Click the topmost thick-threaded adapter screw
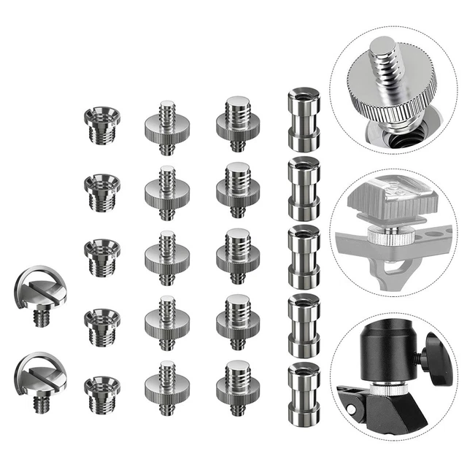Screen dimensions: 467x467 237,123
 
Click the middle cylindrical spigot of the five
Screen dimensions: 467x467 302,255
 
